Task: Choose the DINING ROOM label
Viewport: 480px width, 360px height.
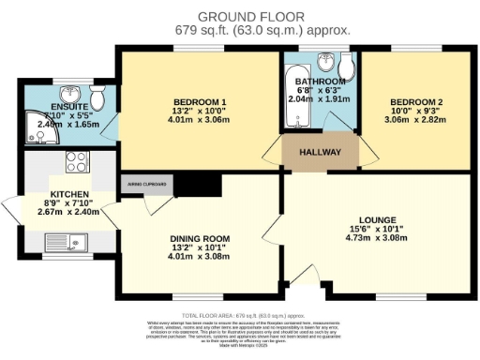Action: [198, 237]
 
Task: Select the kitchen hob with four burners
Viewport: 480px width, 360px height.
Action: [75, 161]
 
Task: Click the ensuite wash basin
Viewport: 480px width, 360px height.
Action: [70, 95]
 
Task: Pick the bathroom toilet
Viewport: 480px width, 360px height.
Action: [346, 68]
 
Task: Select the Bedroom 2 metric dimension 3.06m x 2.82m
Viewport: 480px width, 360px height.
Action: [414, 120]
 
